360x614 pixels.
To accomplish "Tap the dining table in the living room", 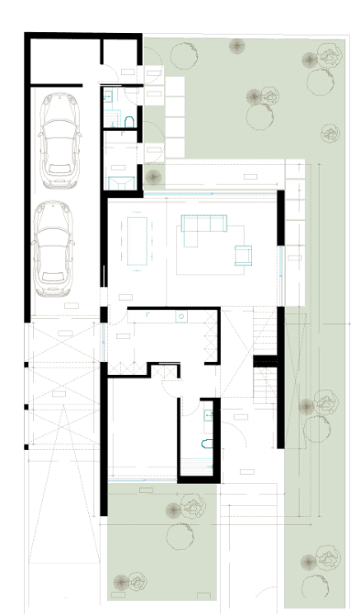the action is click(x=136, y=239).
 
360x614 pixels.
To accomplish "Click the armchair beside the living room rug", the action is click(x=244, y=255).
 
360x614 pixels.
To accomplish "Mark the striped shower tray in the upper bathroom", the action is click(x=112, y=119).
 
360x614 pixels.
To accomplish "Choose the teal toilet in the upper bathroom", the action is click(x=109, y=94).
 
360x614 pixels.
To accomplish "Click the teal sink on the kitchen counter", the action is click(x=181, y=318).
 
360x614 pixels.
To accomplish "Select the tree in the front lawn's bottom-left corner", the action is click(x=124, y=581).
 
